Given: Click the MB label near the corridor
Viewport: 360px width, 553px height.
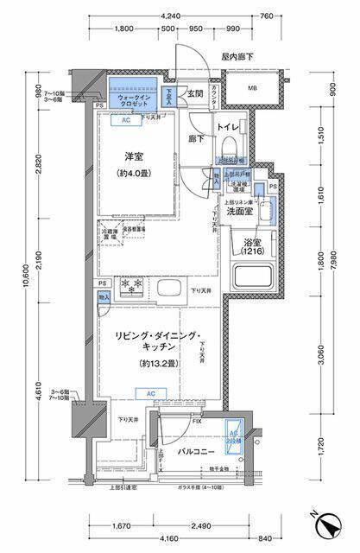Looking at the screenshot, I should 253,88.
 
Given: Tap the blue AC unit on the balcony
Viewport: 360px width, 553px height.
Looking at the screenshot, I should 233,442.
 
